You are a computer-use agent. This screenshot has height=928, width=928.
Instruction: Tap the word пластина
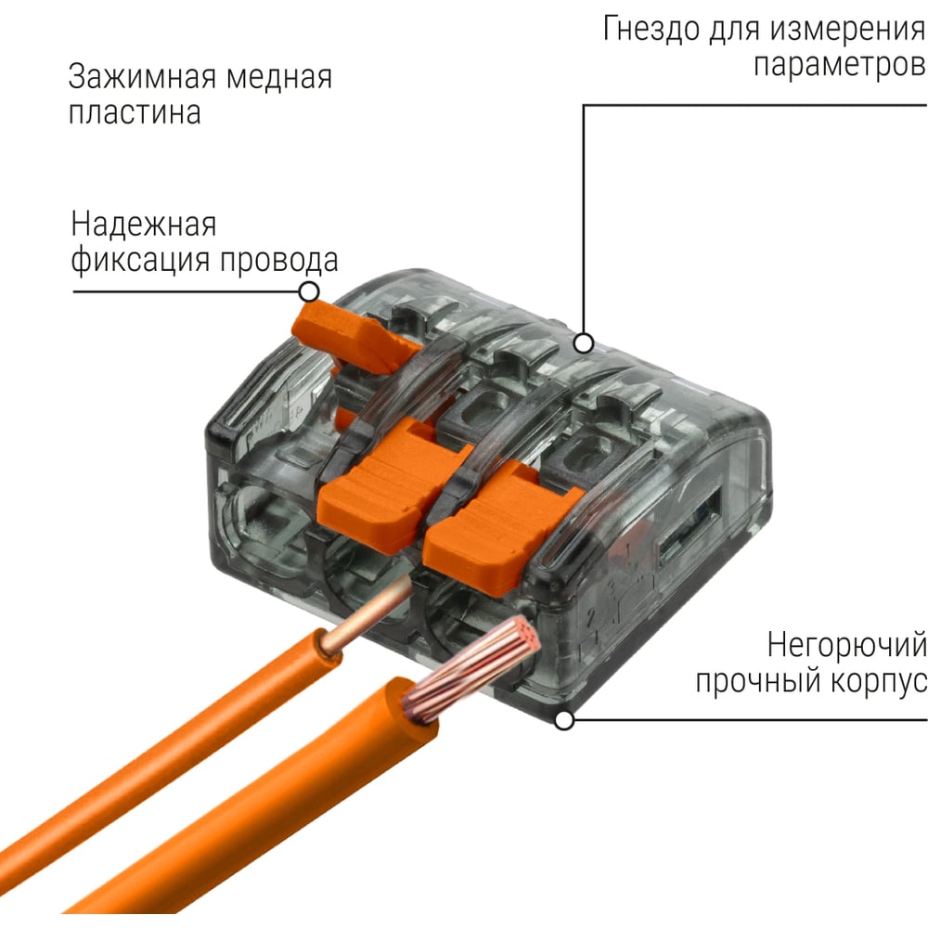click(x=135, y=113)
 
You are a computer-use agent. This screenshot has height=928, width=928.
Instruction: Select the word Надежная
click(x=144, y=225)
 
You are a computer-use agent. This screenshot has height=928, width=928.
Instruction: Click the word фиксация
click(x=140, y=261)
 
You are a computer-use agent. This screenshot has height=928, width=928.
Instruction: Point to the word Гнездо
click(x=651, y=29)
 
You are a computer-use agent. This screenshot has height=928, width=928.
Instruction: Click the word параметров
click(x=839, y=65)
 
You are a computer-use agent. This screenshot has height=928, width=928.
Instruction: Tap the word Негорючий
click(x=846, y=645)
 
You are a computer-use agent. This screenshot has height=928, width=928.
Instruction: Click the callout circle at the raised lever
click(x=309, y=291)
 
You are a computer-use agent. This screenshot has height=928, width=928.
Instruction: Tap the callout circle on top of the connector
click(x=584, y=342)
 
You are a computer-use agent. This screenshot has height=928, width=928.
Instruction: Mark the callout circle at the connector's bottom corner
click(x=564, y=720)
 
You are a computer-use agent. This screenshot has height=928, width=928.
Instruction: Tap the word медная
click(x=278, y=79)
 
